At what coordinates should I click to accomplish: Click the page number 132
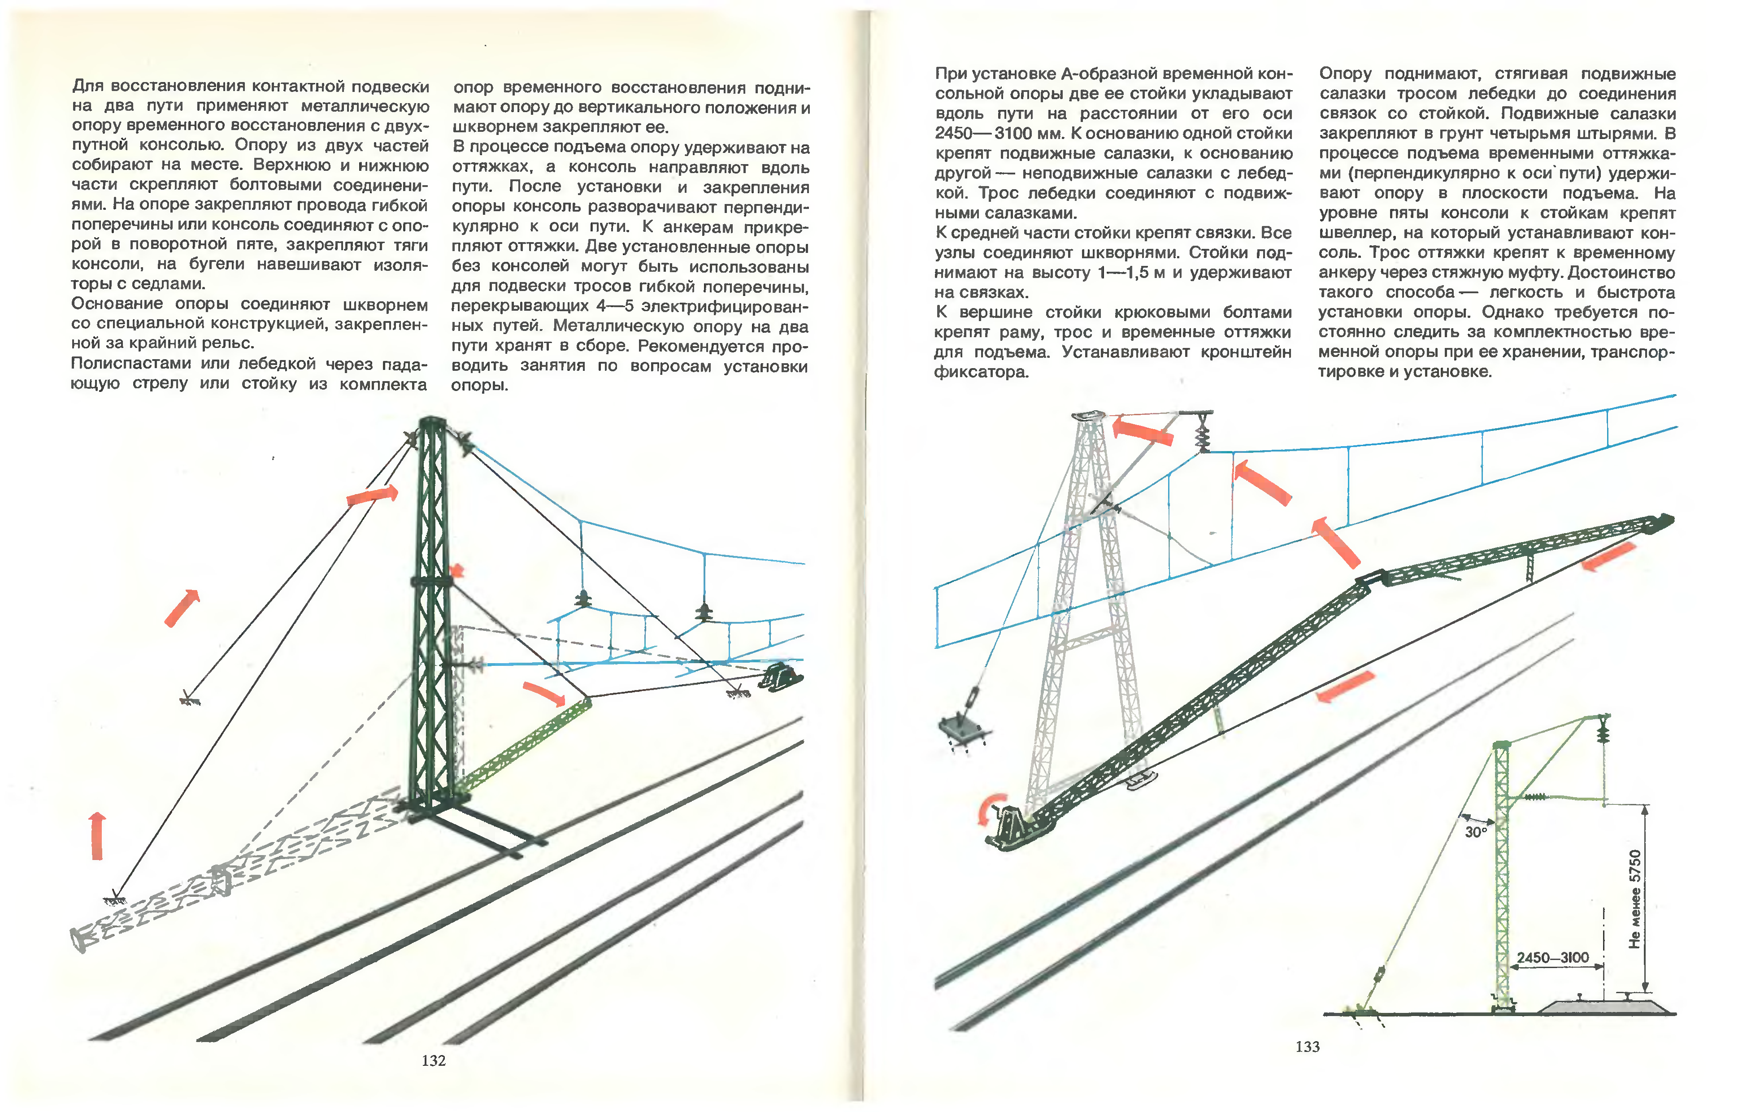point(433,1060)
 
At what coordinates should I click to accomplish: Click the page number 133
point(1308,1047)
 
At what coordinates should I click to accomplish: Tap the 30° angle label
point(1476,832)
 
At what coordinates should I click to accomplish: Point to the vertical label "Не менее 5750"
point(1634,899)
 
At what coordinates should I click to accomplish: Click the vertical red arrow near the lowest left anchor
point(96,836)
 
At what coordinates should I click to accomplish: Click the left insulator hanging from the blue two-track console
point(582,599)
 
